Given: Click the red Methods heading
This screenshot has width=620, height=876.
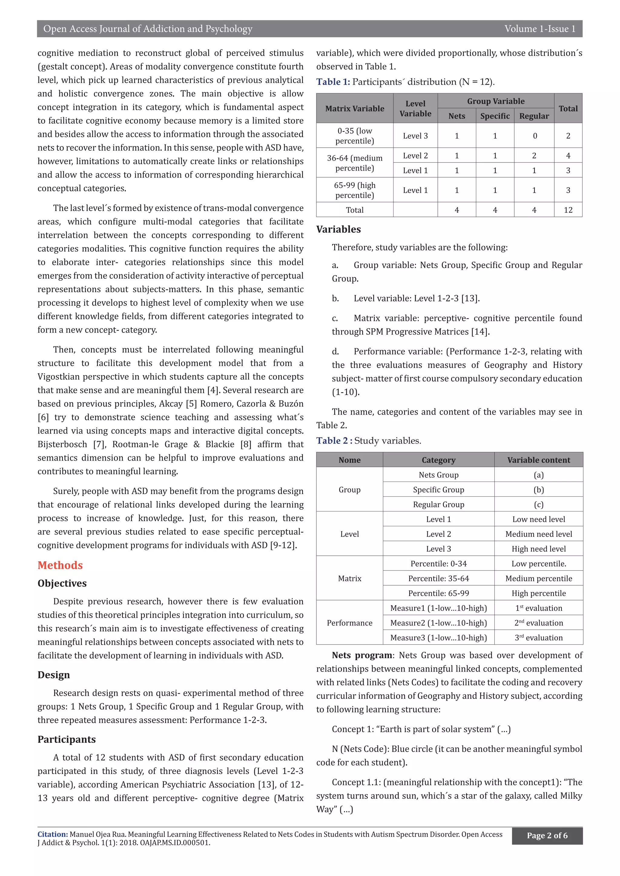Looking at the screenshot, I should (60, 565).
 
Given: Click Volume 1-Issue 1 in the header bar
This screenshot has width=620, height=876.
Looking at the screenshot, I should (539, 29).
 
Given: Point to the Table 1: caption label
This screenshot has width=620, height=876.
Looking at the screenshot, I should (333, 82).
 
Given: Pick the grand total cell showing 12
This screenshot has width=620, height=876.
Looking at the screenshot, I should (568, 210).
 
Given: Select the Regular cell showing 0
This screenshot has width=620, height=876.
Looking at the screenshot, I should (535, 136).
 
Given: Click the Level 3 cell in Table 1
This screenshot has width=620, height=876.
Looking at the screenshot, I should (415, 136).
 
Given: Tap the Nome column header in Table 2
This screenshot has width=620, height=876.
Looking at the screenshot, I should (349, 460).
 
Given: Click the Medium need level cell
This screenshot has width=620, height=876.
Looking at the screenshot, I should (538, 534).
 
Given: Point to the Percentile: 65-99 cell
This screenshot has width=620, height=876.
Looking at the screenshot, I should (438, 593).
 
